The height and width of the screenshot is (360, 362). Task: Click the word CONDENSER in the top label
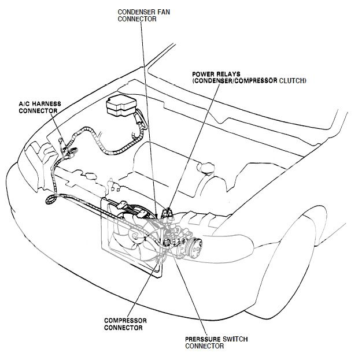tap(134, 10)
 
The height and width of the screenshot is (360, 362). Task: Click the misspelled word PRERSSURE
tap(204, 339)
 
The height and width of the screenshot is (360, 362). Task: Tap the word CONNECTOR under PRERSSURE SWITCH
tap(204, 346)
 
